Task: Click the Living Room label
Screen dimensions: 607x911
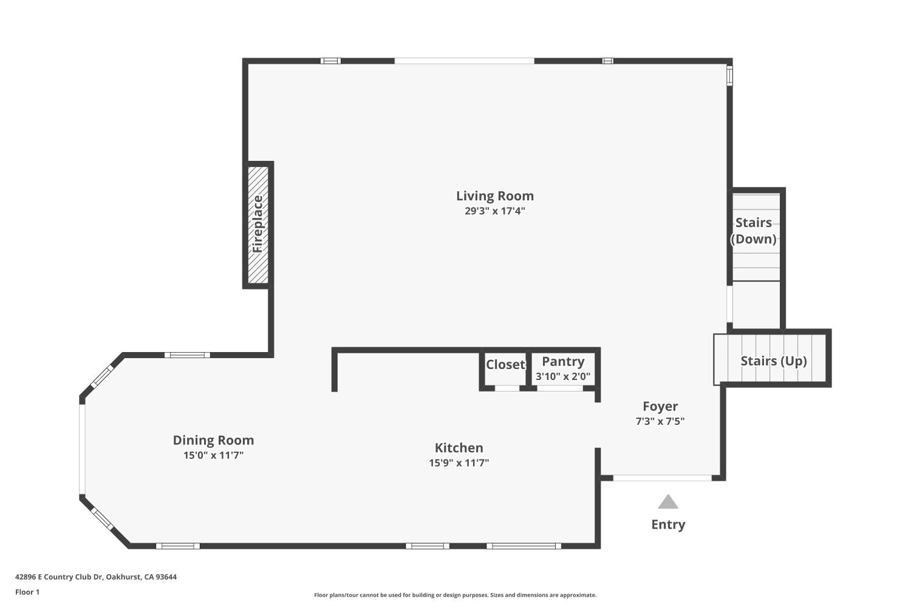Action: [x=495, y=196]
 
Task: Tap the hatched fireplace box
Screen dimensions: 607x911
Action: [x=258, y=225]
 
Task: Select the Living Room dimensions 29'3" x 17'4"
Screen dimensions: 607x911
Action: [x=495, y=211]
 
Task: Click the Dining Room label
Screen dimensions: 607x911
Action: [x=213, y=441]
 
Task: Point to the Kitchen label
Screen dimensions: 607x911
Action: [x=459, y=448]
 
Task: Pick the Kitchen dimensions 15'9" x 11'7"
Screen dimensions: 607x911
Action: [x=459, y=463]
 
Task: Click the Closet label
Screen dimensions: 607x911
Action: [x=505, y=364]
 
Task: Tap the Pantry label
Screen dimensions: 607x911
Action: [x=563, y=362]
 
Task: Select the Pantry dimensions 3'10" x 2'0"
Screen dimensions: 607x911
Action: [x=563, y=376]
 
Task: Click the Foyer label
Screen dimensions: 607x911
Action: [x=660, y=407]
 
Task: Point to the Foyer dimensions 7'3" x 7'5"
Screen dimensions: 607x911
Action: [x=660, y=421]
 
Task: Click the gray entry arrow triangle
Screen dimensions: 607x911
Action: [x=668, y=502]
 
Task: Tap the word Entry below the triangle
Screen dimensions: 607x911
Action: [x=668, y=524]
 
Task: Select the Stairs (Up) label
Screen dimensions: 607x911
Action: [x=774, y=361]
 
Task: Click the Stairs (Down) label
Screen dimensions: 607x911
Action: [x=754, y=231]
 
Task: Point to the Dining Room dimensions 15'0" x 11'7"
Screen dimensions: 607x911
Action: [x=213, y=455]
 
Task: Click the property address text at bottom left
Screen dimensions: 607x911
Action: [x=96, y=577]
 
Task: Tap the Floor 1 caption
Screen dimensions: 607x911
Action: [x=27, y=592]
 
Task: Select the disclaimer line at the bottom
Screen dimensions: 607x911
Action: [x=455, y=595]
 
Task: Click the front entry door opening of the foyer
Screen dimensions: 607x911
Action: [x=662, y=478]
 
